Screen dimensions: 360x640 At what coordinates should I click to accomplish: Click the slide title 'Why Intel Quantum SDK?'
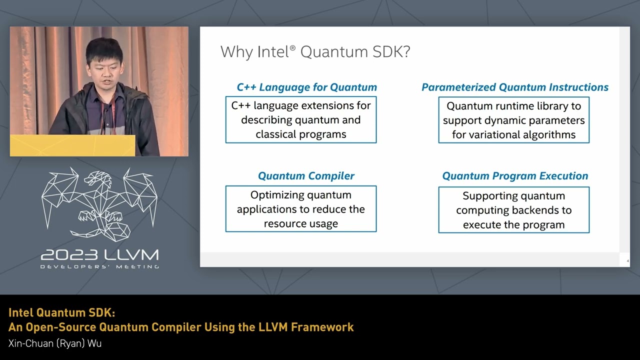[315, 52]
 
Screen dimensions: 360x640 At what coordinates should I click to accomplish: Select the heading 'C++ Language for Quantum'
[306, 87]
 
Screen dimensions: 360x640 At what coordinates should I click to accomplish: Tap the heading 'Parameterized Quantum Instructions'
[514, 87]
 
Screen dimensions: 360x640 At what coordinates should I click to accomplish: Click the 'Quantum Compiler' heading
[306, 176]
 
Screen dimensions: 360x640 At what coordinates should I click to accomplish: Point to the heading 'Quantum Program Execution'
[514, 176]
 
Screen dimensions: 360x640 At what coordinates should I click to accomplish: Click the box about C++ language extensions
[300, 120]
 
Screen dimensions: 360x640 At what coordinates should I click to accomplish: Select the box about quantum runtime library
[513, 120]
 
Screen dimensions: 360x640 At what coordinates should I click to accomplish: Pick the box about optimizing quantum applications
[300, 209]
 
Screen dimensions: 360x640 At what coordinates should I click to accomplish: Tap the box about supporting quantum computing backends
[513, 210]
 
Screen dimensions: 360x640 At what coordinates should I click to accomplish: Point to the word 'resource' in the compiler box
[283, 223]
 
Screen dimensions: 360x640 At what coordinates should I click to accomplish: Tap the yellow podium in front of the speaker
[72, 145]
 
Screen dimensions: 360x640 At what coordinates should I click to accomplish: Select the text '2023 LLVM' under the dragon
[99, 255]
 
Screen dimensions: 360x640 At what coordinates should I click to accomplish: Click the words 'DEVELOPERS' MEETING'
[99, 267]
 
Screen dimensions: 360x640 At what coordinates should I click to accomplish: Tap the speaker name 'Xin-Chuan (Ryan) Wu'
[55, 343]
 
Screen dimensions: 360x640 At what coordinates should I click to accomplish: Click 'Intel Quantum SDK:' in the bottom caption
[61, 313]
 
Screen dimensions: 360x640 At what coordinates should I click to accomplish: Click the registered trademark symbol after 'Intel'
[292, 47]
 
